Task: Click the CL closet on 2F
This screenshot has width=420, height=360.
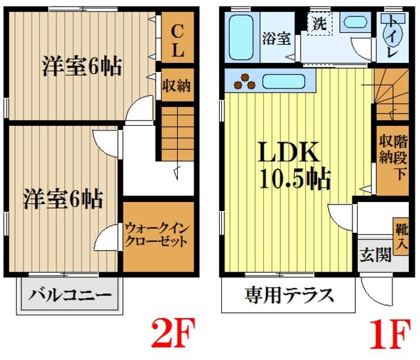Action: click(177, 40)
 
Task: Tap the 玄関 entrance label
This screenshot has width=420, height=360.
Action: click(375, 255)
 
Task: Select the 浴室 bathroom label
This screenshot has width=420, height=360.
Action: click(277, 38)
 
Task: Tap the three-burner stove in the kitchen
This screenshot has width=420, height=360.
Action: click(247, 81)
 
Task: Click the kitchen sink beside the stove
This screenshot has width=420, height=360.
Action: click(283, 82)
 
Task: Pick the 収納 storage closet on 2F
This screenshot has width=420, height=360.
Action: click(177, 85)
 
